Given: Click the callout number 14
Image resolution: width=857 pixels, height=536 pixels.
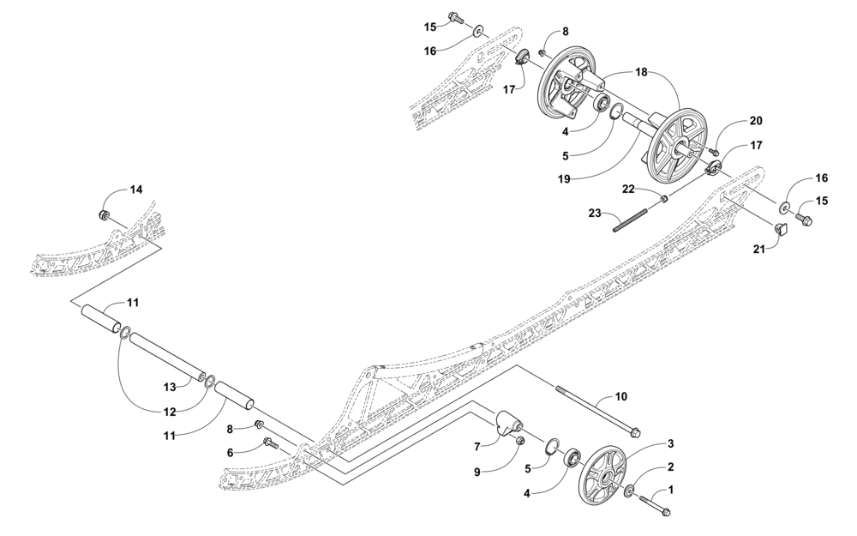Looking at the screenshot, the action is (x=135, y=190).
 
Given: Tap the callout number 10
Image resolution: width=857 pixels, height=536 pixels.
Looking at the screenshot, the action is (x=621, y=395).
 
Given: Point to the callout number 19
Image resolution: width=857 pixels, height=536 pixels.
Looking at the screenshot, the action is (x=565, y=178).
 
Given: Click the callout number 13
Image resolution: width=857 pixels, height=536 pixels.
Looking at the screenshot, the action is (x=170, y=387).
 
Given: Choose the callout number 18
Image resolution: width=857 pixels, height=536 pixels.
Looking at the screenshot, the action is (x=641, y=72).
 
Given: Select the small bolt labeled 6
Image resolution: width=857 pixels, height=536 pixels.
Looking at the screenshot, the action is (x=271, y=443).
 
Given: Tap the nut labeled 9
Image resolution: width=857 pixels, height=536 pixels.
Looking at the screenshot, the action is (x=520, y=440).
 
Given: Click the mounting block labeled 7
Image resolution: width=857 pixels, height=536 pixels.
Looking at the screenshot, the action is (x=508, y=424).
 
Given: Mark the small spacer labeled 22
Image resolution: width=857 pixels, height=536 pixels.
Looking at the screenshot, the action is (x=664, y=198).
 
